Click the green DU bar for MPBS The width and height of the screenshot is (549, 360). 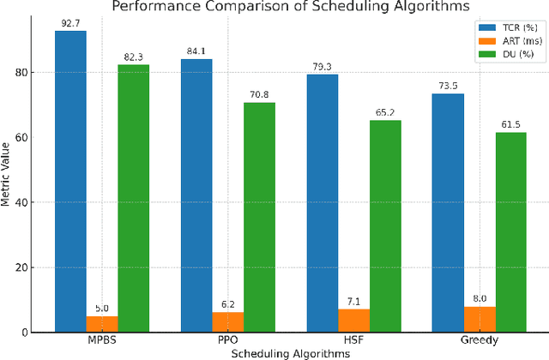point(133,198)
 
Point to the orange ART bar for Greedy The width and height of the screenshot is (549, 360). point(480,319)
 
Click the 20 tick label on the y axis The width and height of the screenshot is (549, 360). point(25,267)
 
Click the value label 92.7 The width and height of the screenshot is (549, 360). point(70,24)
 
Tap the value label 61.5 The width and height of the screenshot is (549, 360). point(511,125)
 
